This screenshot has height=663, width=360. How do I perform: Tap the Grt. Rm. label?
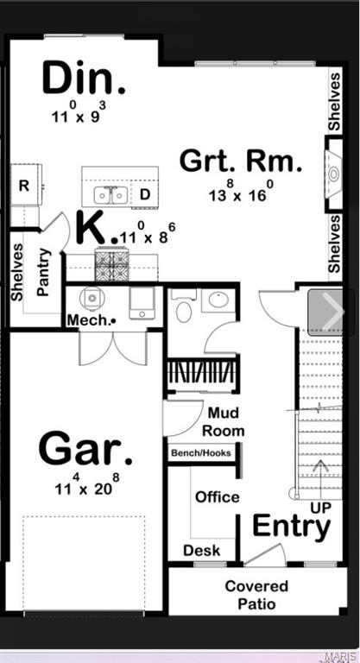pos(241,161)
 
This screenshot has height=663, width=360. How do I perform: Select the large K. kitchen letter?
pos(93,227)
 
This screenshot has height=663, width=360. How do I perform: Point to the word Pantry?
pos(44,272)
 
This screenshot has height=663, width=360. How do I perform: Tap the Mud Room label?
pos(224,422)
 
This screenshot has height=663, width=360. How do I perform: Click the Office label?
pos(218,496)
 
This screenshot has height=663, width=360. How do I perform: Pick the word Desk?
pos(201,550)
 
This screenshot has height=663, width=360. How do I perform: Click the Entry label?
pos(291,526)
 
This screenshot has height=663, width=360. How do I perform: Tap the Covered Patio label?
pos(256,594)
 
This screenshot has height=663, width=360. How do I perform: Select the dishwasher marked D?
pos(145,194)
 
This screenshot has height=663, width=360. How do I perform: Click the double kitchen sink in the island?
pos(111,194)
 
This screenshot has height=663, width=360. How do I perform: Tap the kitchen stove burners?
pos(111,265)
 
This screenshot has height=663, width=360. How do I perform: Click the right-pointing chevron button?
pos(332,312)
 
